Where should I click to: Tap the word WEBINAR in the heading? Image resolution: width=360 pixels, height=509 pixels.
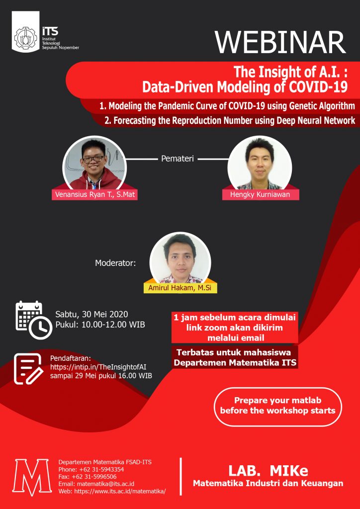[x=280, y=43]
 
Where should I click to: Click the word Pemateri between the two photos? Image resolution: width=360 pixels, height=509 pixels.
[x=177, y=160]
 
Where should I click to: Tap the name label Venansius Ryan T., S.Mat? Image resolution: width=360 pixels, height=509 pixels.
[x=94, y=195]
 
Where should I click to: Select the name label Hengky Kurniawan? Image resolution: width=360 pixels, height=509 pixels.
[x=261, y=195]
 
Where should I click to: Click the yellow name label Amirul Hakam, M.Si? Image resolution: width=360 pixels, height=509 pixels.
[x=180, y=288]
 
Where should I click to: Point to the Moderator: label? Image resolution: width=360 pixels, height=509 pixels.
[x=115, y=263]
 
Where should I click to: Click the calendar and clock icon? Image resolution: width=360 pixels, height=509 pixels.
[x=33, y=320]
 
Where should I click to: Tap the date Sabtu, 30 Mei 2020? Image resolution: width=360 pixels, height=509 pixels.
[x=92, y=315]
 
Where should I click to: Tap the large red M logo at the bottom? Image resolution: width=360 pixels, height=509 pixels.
[x=32, y=477]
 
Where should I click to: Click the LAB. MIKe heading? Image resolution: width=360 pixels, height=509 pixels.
[x=268, y=471]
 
